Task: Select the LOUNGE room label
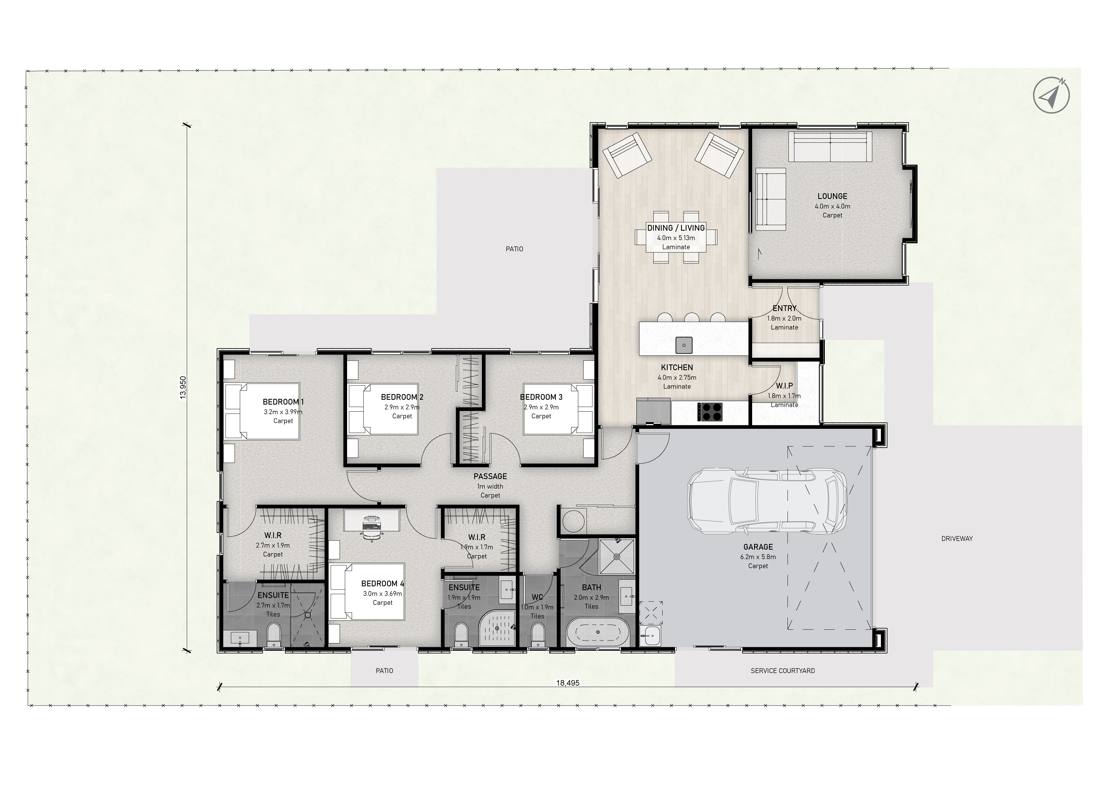point(832,196)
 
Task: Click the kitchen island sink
point(684,345)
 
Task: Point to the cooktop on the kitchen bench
point(710,412)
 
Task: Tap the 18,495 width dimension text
point(568,683)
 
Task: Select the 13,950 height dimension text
point(183,388)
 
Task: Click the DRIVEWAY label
point(957,539)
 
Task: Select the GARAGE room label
point(758,547)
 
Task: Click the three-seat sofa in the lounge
point(830,147)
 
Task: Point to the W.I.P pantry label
point(784,386)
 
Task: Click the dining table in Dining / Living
point(676,237)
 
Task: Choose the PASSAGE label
point(490,476)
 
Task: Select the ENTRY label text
point(784,308)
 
